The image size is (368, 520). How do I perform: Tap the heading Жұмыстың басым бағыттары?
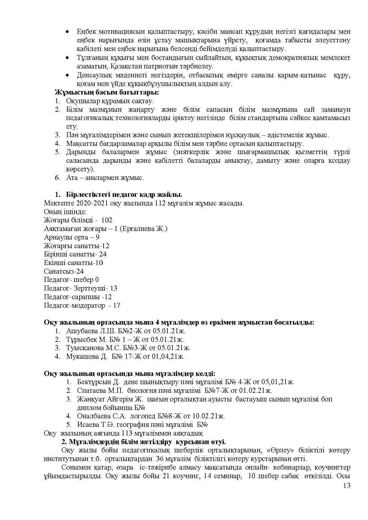[x=107, y=92]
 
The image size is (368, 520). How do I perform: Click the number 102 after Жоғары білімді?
[x=107, y=220]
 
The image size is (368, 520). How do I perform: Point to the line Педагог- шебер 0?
[x=71, y=280]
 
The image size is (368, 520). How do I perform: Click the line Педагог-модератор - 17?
[x=82, y=306]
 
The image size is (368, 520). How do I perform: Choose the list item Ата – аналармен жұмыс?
[x=105, y=178]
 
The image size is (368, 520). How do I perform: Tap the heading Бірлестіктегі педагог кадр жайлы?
[x=124, y=195]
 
